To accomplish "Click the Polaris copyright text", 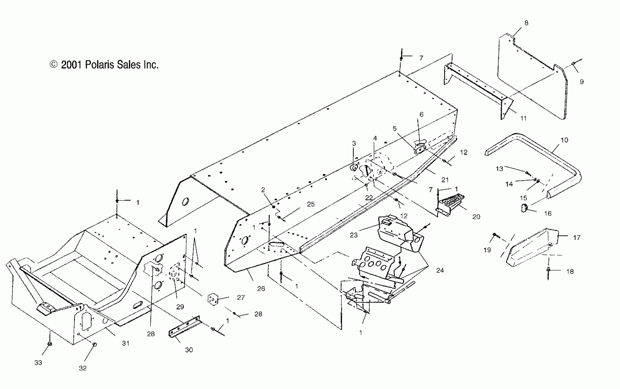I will [104, 65].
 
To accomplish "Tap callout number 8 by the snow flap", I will [526, 23].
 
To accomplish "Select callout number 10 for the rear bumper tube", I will [564, 140].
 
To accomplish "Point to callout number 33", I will [38, 362].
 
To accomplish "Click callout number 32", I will [82, 368].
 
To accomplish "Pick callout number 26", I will [261, 289].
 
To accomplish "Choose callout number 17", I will [577, 238].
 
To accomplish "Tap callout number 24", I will [440, 270].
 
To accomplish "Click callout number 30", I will [189, 350].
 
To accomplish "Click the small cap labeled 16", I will [524, 207].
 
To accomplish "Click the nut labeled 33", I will [50, 344].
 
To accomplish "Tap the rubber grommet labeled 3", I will [354, 167].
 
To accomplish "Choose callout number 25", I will [311, 204].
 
